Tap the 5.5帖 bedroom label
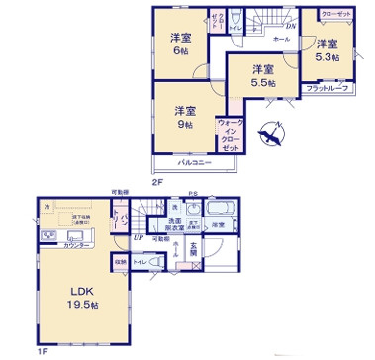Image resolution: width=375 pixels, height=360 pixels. (x=260, y=76)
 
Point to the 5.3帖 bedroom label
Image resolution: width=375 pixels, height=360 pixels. (x=327, y=51)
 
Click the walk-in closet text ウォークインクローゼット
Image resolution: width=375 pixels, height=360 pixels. (x=230, y=130)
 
